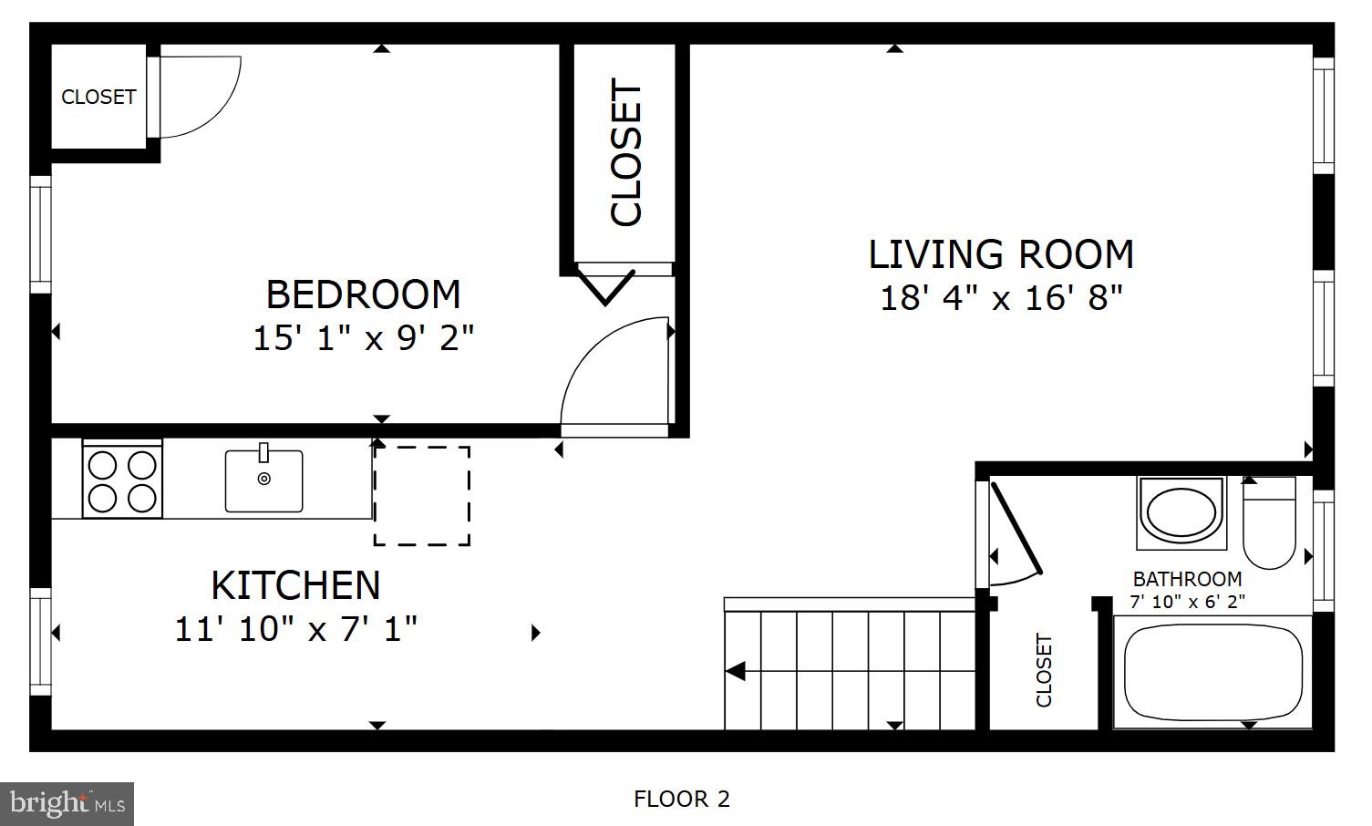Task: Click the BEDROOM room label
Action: [363, 294]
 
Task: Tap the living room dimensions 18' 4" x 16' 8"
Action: [1000, 298]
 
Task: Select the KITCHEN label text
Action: [295, 585]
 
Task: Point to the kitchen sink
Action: [263, 480]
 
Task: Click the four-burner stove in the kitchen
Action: [122, 480]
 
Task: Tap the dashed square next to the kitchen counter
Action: [422, 496]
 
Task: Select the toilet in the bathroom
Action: [1269, 524]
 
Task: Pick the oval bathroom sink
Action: [1181, 512]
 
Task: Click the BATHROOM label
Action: [1187, 579]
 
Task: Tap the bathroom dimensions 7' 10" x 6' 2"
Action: [1187, 602]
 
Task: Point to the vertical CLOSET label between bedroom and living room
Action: [627, 153]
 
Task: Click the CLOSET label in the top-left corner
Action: [98, 97]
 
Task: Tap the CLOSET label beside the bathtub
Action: [1045, 670]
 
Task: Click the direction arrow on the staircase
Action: [736, 672]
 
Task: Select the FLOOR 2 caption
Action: [682, 800]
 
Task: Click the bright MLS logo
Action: [67, 804]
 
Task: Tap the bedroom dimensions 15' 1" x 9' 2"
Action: [363, 338]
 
